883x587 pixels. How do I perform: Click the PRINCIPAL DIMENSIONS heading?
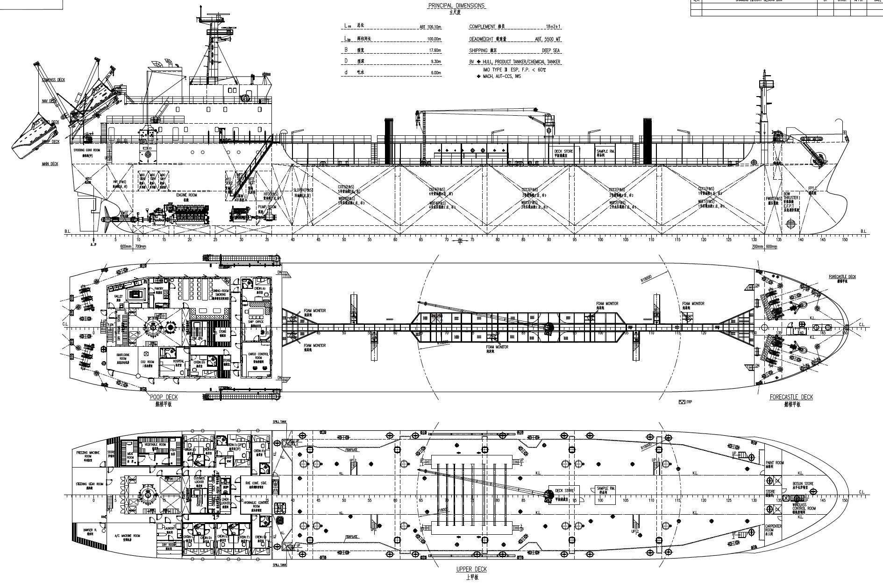coord(456,6)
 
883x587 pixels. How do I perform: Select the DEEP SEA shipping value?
coord(551,50)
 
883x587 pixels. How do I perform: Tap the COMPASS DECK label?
coord(53,80)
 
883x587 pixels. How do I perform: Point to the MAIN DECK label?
coord(50,164)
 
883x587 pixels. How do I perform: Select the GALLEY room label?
coord(118,296)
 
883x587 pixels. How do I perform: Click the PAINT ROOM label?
coord(774,463)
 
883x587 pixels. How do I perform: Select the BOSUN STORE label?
coord(803,484)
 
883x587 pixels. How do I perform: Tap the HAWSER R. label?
coord(89,530)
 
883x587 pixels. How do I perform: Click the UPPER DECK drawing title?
coord(471,569)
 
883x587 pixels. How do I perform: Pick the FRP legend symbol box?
coord(682,402)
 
